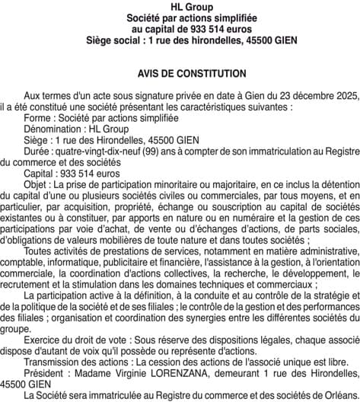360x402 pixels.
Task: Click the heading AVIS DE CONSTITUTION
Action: (180, 74)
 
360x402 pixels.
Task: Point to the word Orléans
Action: (339, 396)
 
